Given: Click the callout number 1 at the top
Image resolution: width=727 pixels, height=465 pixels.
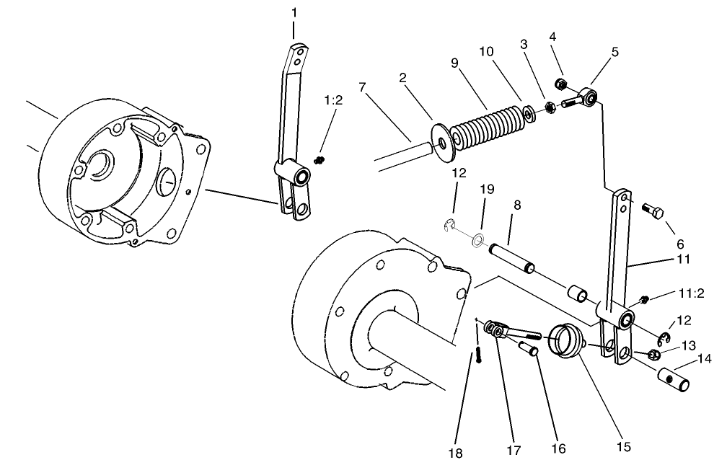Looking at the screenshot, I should (x=294, y=12).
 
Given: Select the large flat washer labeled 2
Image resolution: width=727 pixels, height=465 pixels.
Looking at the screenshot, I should (x=439, y=139).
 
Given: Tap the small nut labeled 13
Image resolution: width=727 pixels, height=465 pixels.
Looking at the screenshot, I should (x=653, y=354).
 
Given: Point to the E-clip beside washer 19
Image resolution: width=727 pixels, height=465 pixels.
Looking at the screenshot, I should (x=451, y=226).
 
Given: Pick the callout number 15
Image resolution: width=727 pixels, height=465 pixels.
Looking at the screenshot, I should (x=624, y=448).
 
